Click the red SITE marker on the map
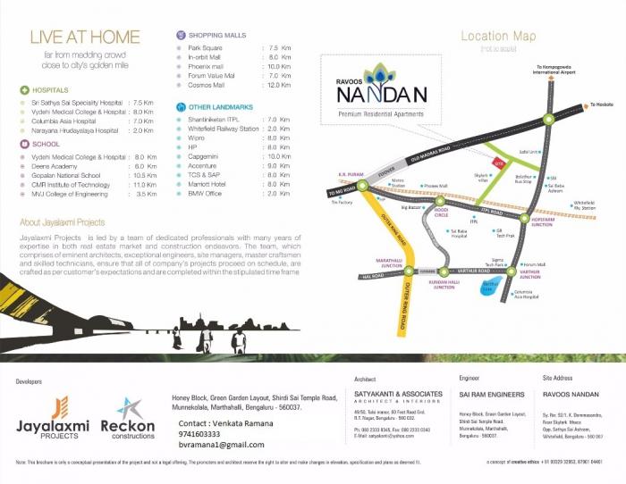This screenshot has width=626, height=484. click(500, 163)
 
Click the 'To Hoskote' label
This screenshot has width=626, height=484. click(601, 105)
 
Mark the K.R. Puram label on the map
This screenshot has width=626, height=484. click(348, 176)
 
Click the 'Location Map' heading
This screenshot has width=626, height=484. click(498, 37)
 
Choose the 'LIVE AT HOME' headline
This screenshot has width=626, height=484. click(86, 38)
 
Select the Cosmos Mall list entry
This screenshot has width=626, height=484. click(207, 86)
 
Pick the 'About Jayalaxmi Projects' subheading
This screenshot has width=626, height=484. click(63, 222)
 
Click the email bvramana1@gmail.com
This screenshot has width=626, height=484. click(221, 445)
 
